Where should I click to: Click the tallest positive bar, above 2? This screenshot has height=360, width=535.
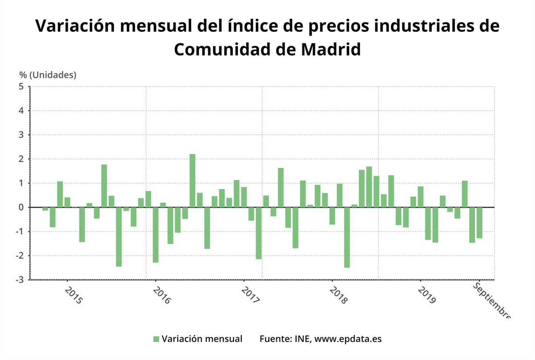coord(192,180)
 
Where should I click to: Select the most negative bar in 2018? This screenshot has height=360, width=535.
coord(347,237)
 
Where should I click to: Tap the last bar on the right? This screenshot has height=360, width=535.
coord(479,222)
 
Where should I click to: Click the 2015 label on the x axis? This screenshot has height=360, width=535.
coord(74,295)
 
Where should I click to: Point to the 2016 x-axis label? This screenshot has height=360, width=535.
coord(162,295)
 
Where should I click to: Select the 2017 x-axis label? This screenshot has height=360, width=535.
coord(250,295)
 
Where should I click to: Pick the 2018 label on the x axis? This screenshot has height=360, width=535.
coord(338,295)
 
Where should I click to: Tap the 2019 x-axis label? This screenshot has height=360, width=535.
coord(427,295)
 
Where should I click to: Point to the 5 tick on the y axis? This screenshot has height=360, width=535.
coord(21,86)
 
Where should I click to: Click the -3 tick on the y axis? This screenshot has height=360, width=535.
coord(20,279)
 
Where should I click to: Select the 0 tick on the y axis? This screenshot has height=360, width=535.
coord(21,207)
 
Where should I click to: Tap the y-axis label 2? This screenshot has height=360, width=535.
coord(21,159)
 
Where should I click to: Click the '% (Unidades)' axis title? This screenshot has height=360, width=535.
coord(48,75)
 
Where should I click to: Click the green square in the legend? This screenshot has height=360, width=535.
coord(156,339)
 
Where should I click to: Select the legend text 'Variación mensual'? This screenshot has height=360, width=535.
coord(202,339)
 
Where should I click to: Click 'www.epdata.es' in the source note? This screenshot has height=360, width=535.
coord(348,339)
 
